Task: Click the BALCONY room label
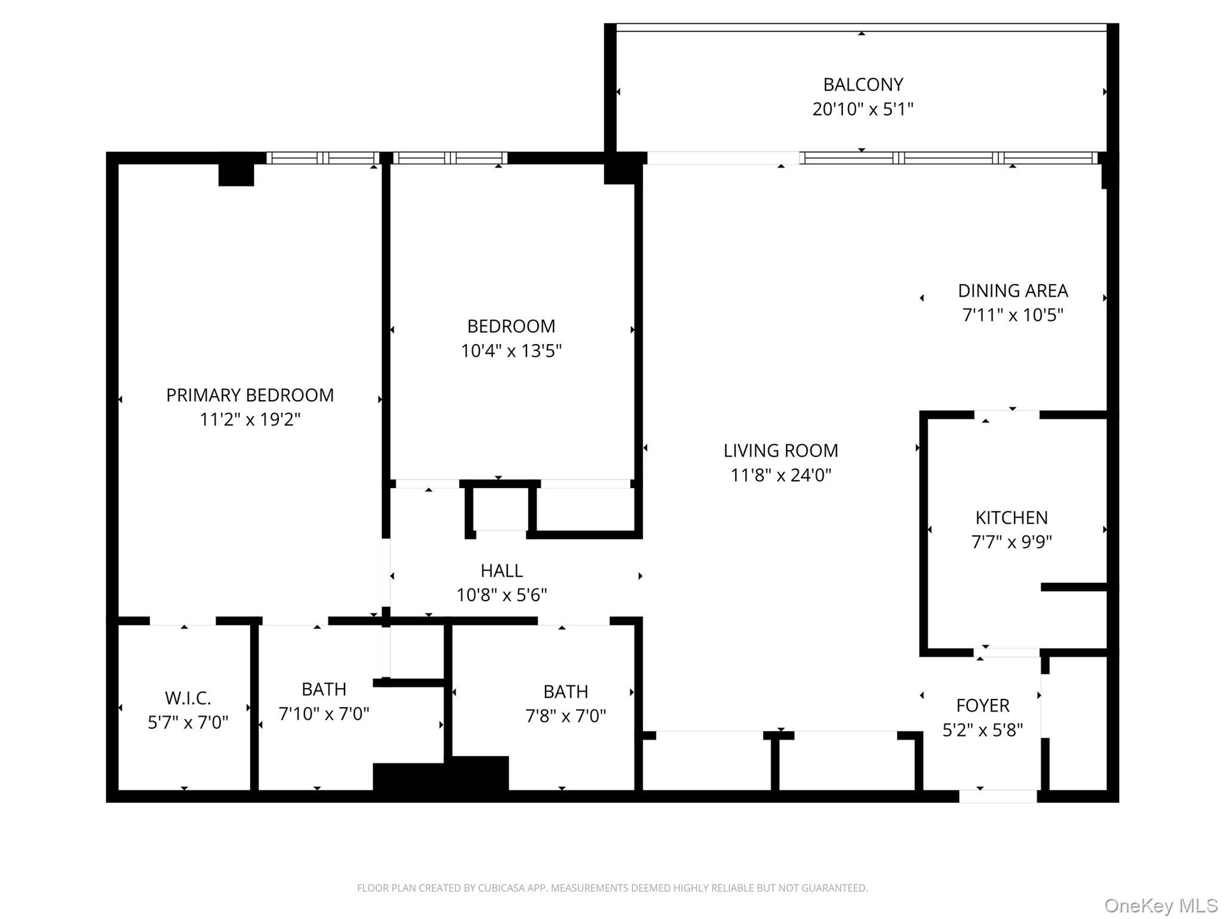pos(863,84)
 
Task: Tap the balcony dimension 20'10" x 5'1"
pos(863,109)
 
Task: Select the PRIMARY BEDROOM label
pos(249,395)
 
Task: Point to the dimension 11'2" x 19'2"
pos(249,419)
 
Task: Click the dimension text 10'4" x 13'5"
pos(511,350)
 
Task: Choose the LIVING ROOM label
pos(780,451)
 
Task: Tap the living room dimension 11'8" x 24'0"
pos(780,475)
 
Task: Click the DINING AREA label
pos(1013,291)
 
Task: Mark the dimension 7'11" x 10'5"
pos(1013,315)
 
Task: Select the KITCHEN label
pos(1011,518)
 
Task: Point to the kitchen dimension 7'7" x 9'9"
pos(1011,542)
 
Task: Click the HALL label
pos(501,571)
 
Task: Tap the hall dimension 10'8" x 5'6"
pos(501,595)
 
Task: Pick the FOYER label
pos(983,706)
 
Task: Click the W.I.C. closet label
pos(188,698)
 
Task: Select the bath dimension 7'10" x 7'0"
pos(324,714)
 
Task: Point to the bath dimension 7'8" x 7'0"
pos(565,716)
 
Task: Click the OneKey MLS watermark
pos(1161,906)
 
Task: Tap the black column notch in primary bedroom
pos(236,175)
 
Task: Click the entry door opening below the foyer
pos(998,796)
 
